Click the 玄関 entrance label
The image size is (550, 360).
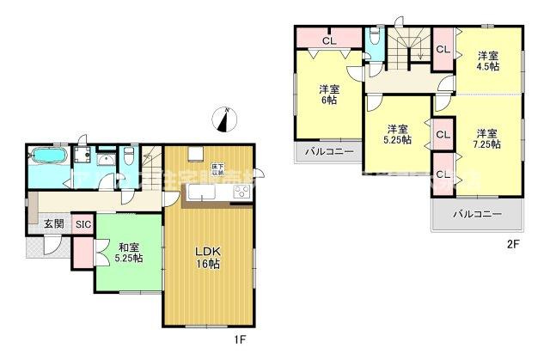[53, 223]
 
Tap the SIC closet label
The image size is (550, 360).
[82, 224]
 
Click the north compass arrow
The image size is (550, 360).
[226, 119]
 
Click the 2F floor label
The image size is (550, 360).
[512, 244]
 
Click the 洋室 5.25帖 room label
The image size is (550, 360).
[397, 133]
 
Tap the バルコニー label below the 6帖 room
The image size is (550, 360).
[327, 151]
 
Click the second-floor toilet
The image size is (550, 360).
[374, 40]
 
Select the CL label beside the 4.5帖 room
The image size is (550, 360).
[443, 50]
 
